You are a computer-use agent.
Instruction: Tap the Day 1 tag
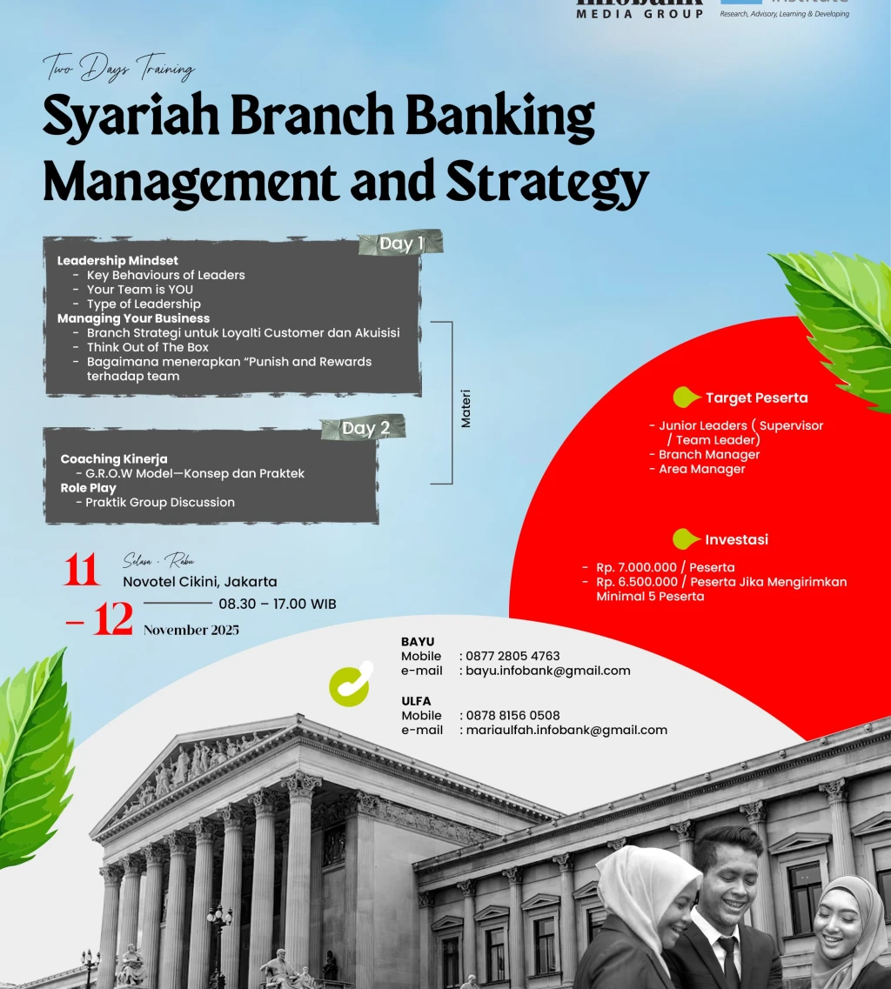click(x=401, y=244)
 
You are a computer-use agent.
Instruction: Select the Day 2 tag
click(x=365, y=428)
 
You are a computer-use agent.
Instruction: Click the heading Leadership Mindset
click(x=117, y=260)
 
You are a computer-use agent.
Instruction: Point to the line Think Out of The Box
click(x=148, y=347)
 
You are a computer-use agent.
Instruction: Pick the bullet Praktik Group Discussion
click(x=160, y=502)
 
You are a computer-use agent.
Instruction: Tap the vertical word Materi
click(x=466, y=410)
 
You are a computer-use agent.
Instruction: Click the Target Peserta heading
click(x=756, y=398)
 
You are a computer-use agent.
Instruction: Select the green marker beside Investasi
click(x=686, y=539)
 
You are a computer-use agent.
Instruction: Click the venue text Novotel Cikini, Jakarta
click(x=200, y=582)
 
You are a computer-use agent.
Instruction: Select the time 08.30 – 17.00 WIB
click(x=277, y=604)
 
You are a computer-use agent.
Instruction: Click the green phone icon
click(x=351, y=684)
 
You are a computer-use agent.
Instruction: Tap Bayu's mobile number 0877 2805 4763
click(x=512, y=656)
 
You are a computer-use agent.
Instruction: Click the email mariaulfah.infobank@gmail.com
click(x=566, y=730)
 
